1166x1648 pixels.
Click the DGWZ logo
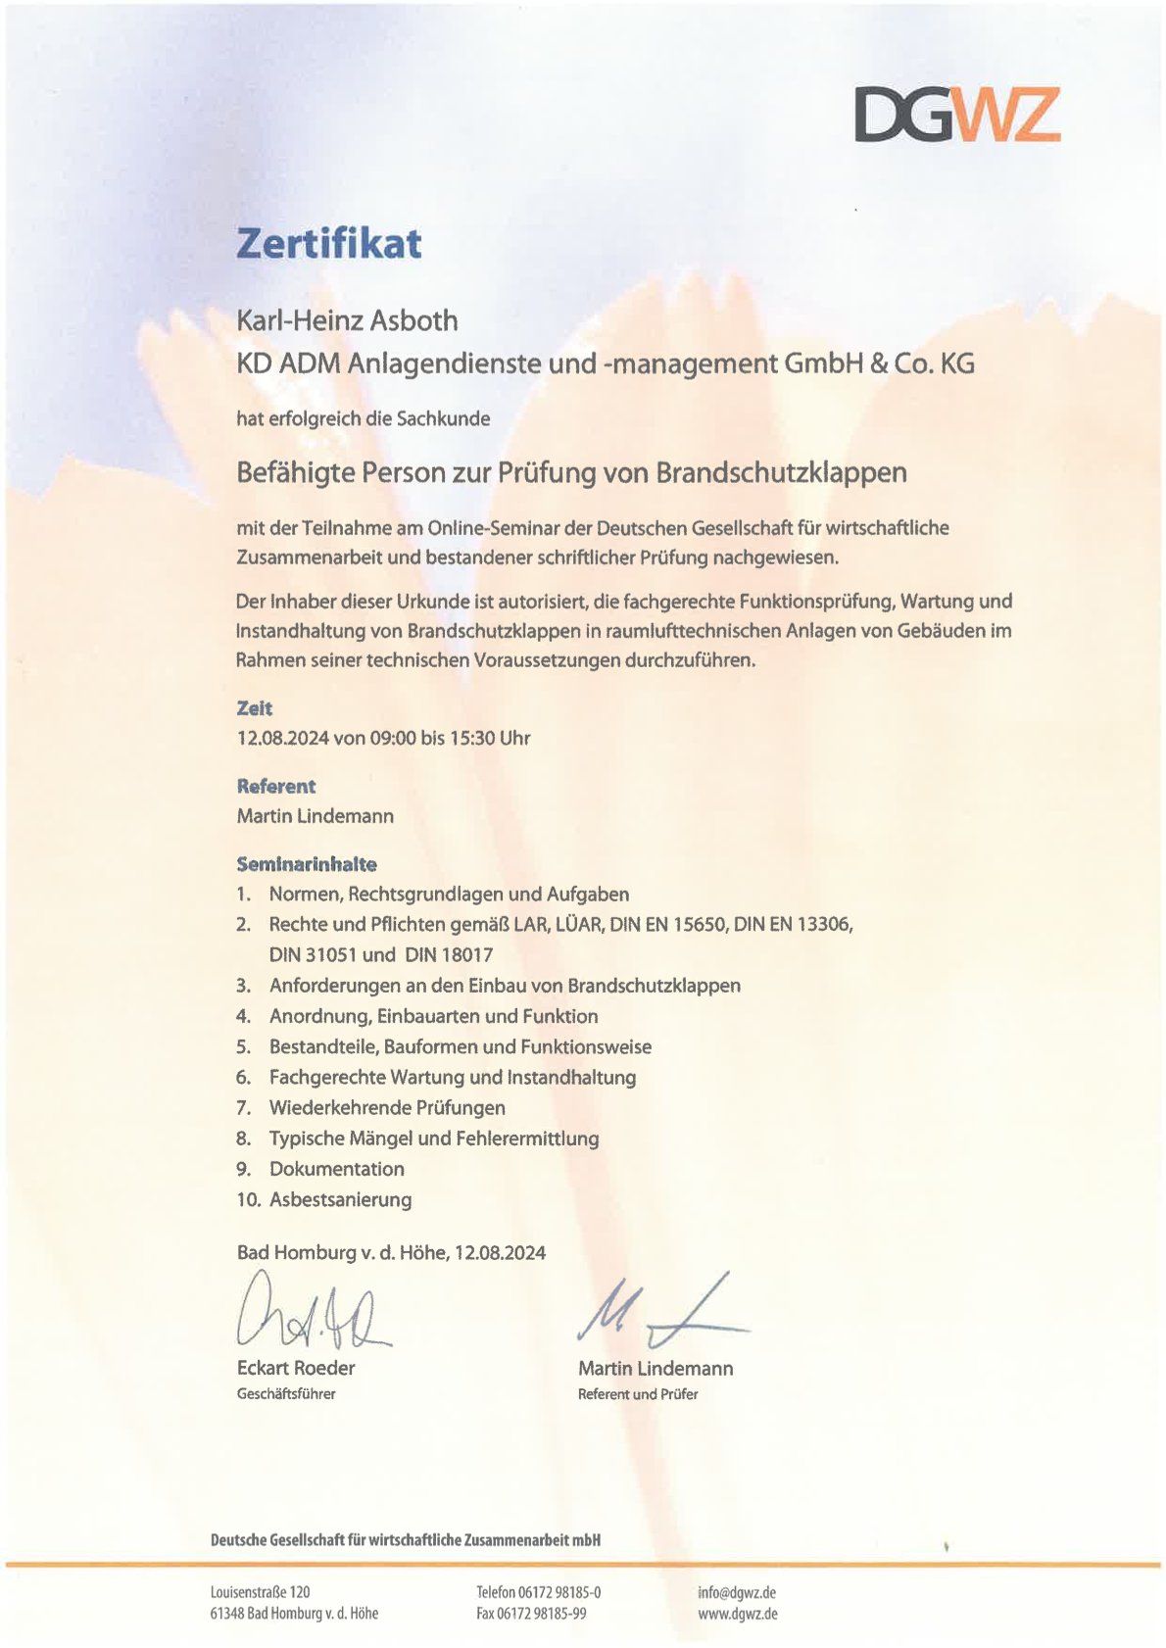coord(956,114)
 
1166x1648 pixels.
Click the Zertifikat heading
coord(328,243)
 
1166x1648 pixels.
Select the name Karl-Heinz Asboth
coord(347,320)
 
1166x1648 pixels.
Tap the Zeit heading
coord(255,708)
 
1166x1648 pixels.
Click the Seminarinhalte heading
coord(307,864)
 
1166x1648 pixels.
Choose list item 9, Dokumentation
coord(336,1169)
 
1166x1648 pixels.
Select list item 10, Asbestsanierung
coord(340,1199)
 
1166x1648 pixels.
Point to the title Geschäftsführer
coord(286,1394)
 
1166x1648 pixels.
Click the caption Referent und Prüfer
coord(638,1394)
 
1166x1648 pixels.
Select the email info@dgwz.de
coord(737,1592)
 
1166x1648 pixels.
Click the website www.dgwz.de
coord(738,1614)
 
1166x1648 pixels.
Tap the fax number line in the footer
coord(531,1614)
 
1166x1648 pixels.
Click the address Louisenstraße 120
coord(260,1592)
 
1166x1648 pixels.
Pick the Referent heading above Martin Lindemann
coord(276,786)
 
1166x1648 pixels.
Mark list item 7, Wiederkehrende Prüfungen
coord(387,1108)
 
